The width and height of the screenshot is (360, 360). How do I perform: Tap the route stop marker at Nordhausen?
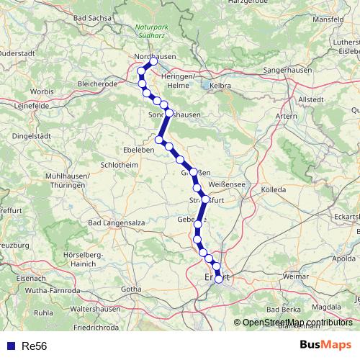(153, 62)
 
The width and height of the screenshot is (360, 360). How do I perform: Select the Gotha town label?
(131, 289)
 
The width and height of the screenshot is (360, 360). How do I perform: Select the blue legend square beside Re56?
(10, 346)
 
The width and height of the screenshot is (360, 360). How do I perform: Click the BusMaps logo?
(326, 346)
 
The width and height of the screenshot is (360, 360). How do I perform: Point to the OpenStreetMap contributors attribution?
(297, 322)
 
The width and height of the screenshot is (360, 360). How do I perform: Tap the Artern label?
(287, 114)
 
